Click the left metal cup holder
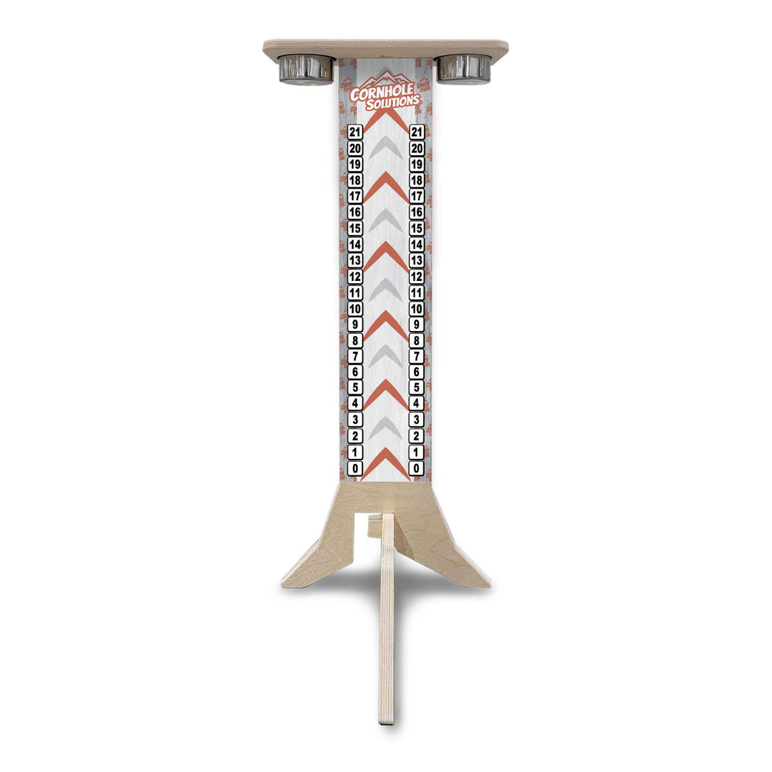click(x=306, y=69)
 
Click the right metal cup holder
click(x=464, y=69)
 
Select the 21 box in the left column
click(x=355, y=132)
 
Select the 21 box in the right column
click(x=417, y=132)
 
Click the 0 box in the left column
click(x=355, y=468)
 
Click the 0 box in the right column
click(x=417, y=468)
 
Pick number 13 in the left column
click(x=355, y=260)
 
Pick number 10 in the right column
click(x=417, y=309)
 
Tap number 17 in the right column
click(x=417, y=197)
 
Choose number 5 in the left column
click(x=355, y=388)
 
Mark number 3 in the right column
click(x=417, y=420)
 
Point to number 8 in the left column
click(x=355, y=340)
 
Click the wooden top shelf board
click(x=385, y=48)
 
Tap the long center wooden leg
click(x=387, y=622)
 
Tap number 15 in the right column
click(x=417, y=229)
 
